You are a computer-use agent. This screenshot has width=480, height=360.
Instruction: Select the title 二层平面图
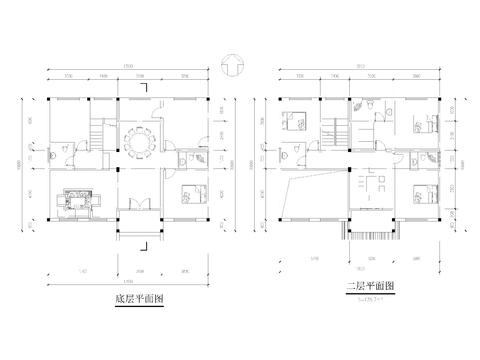pos(365,286)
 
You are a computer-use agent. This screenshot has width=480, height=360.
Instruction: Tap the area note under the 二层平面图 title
pos(366,297)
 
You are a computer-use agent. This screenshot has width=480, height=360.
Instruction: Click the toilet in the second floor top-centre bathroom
pos(368,106)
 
